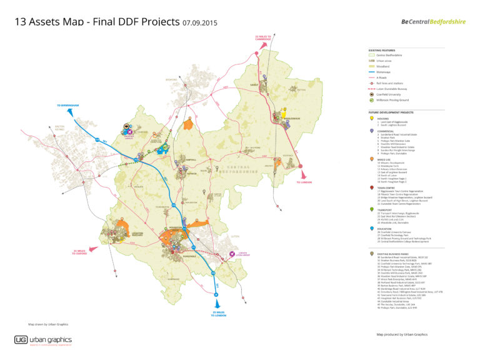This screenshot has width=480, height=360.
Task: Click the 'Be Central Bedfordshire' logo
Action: [x=434, y=22]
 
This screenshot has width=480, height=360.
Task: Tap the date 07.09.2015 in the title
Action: [x=200, y=23]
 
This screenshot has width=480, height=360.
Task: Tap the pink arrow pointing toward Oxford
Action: [x=97, y=248]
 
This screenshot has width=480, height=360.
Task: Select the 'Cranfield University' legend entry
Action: [x=389, y=94]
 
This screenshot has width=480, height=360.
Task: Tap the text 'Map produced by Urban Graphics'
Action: [x=401, y=334]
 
